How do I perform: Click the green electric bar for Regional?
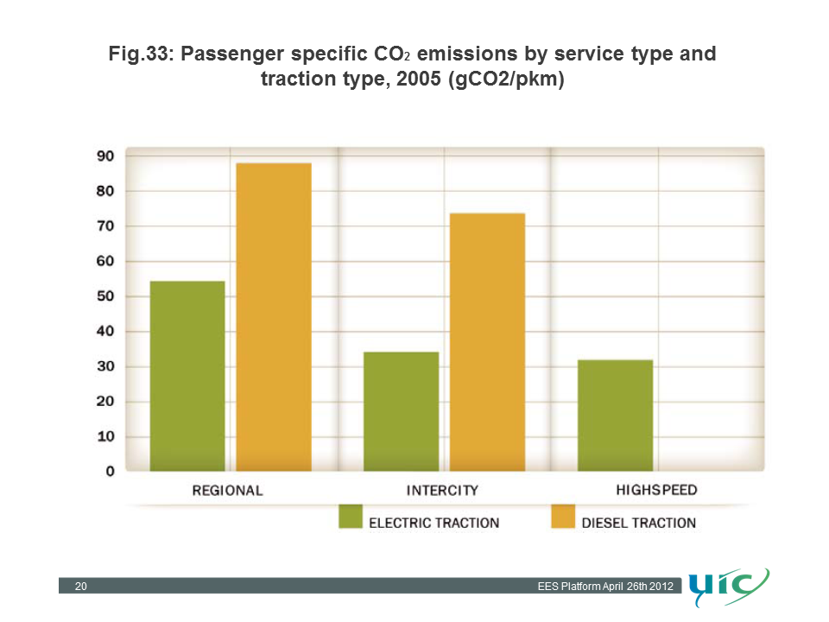[x=187, y=376]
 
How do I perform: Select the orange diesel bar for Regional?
[x=274, y=317]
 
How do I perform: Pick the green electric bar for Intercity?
[x=401, y=411]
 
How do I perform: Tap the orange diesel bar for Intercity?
[x=487, y=342]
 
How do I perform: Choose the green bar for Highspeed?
[x=615, y=416]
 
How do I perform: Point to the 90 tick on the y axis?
[x=104, y=156]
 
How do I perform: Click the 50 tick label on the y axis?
[x=104, y=296]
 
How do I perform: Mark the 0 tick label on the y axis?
[x=110, y=472]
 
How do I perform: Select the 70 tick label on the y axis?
[x=104, y=226]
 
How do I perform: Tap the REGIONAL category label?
[x=227, y=491]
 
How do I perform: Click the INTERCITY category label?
[x=442, y=491]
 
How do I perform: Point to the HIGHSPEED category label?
[x=656, y=490]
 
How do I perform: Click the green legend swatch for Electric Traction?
[x=350, y=517]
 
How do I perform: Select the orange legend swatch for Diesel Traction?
[x=563, y=517]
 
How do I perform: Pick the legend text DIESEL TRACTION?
[x=638, y=523]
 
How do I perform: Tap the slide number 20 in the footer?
[x=81, y=587]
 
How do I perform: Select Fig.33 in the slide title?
[x=142, y=54]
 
